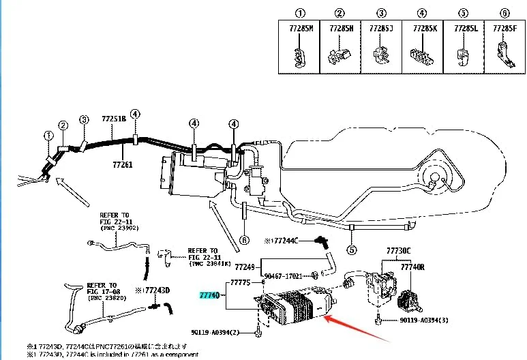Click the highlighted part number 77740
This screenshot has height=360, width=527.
click(x=209, y=295)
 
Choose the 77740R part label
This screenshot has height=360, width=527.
click(x=412, y=267)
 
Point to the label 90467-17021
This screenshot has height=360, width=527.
click(x=285, y=276)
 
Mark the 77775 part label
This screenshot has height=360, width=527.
click(x=241, y=282)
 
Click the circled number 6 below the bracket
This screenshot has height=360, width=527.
click(x=244, y=240)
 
